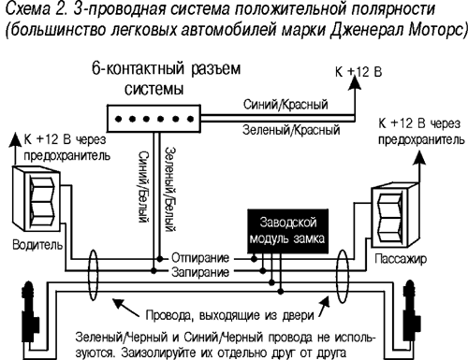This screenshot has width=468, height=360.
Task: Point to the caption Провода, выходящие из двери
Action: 226,306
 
